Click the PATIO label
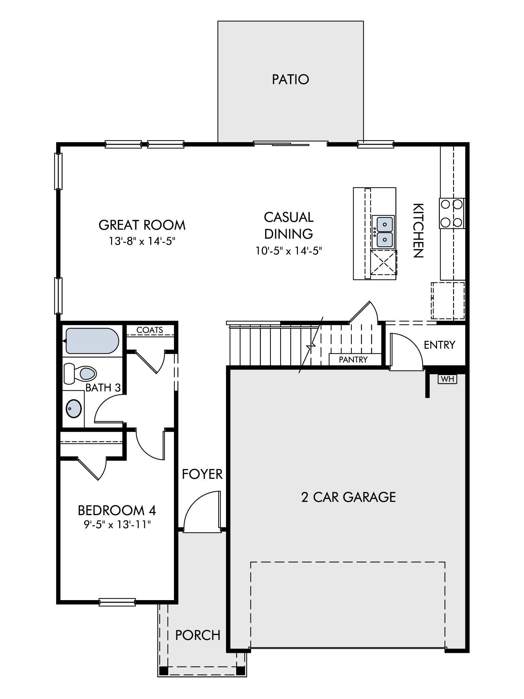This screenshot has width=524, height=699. click(291, 79)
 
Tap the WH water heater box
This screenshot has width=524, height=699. click(447, 379)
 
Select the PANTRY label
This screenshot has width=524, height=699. click(353, 359)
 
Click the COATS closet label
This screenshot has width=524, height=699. click(150, 330)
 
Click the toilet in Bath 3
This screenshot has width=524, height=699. click(80, 373)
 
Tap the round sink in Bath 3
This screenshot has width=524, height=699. click(74, 409)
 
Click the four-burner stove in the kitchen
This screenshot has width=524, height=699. click(452, 213)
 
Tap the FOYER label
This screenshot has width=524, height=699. click(202, 474)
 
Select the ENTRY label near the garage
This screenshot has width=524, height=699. click(439, 345)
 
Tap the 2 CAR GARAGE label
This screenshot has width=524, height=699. click(348, 497)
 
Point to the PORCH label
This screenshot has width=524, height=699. click(198, 635)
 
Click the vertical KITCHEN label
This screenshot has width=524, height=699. click(418, 230)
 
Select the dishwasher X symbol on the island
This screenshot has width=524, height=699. click(383, 262)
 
